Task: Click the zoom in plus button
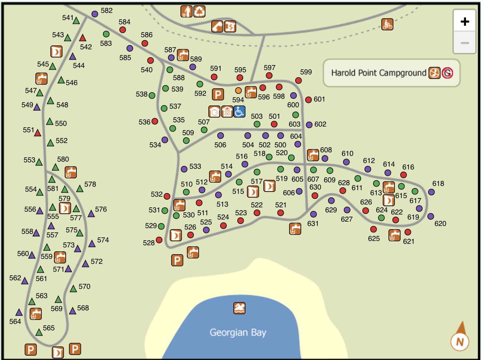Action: [x=465, y=21]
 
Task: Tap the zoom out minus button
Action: [x=465, y=43]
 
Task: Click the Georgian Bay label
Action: [x=238, y=332]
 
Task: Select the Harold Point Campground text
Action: [x=378, y=73]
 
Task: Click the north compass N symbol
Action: [x=460, y=342]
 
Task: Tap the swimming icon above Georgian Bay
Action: [x=239, y=308]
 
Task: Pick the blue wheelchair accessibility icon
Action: [x=239, y=112]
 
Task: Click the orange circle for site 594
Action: [x=238, y=90]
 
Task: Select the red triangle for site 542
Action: [x=83, y=38]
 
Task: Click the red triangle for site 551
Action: [x=38, y=133]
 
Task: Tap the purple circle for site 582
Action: [x=95, y=14]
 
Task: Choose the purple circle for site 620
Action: [x=431, y=216]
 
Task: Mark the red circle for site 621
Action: [x=408, y=232]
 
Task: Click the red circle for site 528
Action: [x=159, y=240]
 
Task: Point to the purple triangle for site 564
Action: [x=19, y=312]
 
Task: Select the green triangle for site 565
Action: [x=39, y=332]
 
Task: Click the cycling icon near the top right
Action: [x=387, y=24]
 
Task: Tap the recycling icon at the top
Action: [x=199, y=11]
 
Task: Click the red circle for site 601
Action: [x=308, y=100]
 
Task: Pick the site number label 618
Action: [x=438, y=183]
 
